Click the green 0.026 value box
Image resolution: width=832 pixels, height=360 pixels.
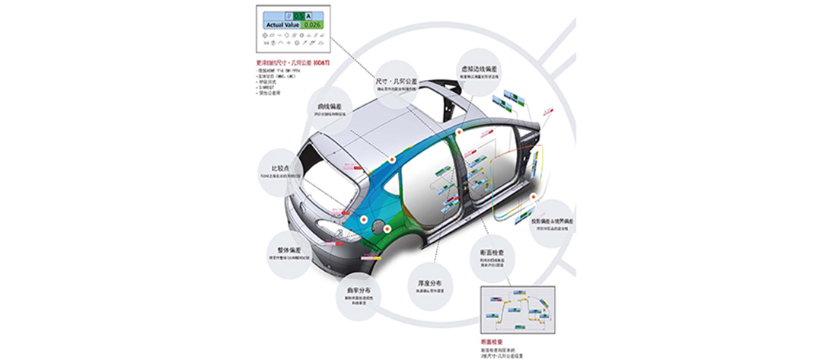(x=312, y=24)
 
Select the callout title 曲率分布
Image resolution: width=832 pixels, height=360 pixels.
(x=357, y=290)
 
